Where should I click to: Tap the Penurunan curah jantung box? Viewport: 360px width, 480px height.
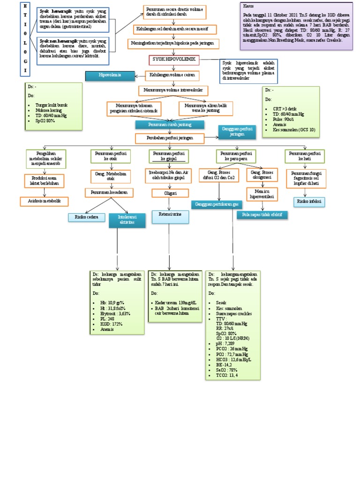tap(169, 125)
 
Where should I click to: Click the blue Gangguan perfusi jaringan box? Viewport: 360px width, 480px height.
tap(237, 132)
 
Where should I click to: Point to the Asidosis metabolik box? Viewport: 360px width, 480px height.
tap(44, 202)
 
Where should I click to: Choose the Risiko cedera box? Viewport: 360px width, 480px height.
tap(86, 217)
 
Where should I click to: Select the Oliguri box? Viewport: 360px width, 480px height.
tap(170, 193)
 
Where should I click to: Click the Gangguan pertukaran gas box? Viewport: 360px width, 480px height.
tap(216, 204)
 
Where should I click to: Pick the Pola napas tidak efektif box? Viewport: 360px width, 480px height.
tap(262, 215)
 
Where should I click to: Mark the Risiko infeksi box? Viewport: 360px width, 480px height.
tap(309, 202)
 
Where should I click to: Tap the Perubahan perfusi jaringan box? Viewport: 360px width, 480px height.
tap(170, 138)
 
